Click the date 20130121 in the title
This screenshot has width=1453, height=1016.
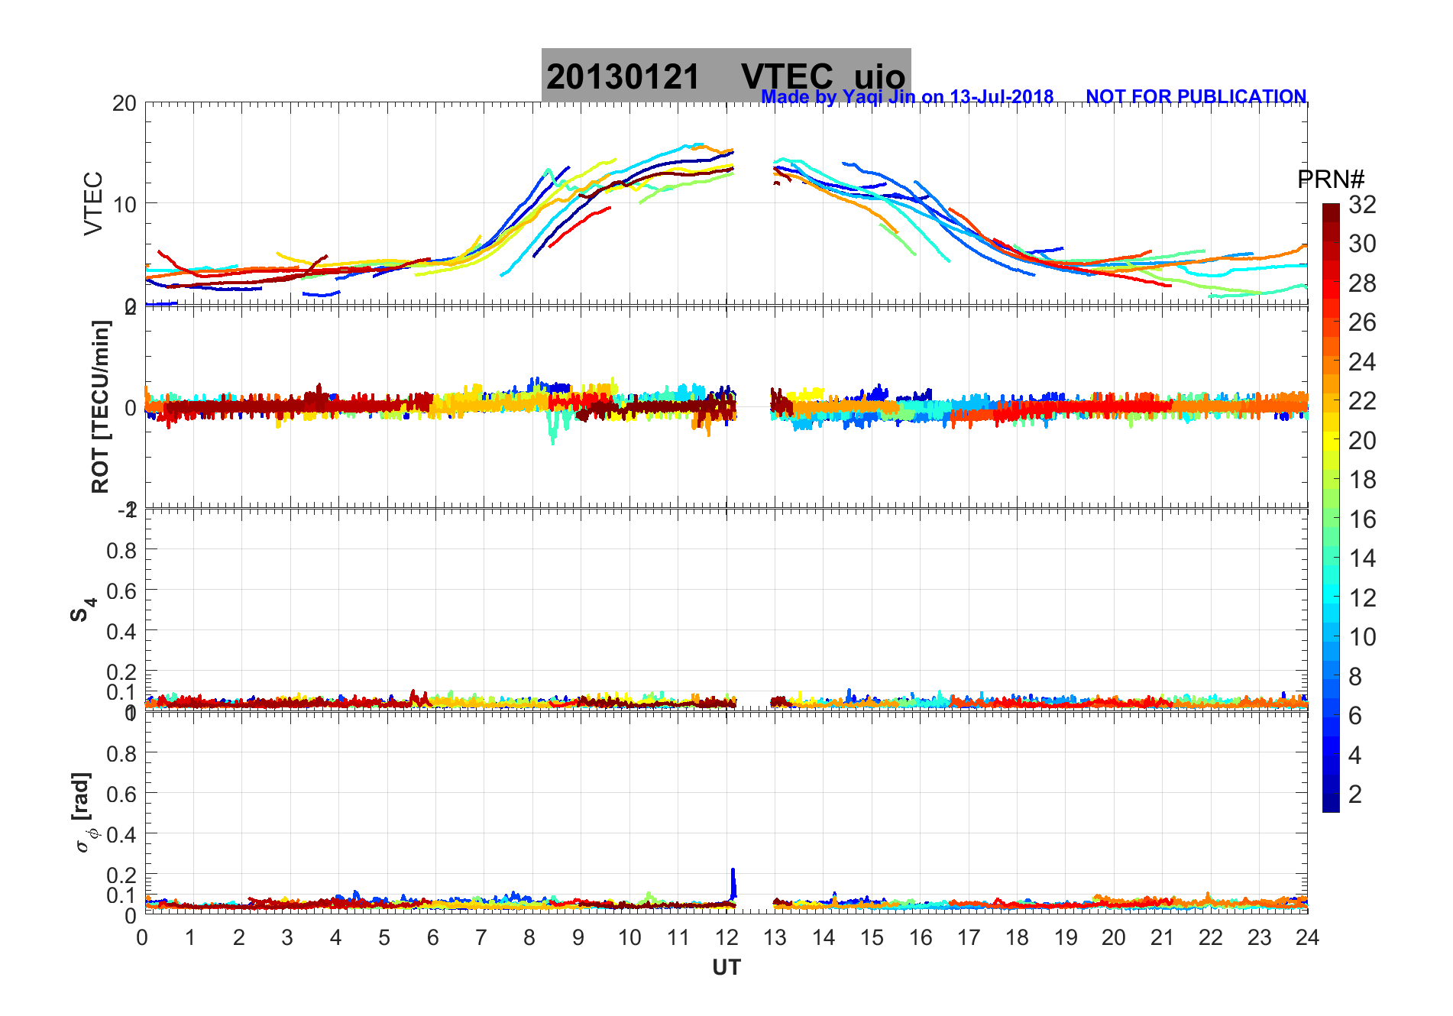pos(623,77)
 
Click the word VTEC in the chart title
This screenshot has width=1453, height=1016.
pos(787,77)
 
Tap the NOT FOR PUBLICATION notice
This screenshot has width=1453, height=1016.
pos(1196,97)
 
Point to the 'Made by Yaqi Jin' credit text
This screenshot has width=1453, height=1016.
pos(907,97)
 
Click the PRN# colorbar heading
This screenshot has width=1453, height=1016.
pos(1331,180)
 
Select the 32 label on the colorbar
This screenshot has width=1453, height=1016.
pos(1362,205)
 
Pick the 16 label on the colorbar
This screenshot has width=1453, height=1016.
pos(1362,519)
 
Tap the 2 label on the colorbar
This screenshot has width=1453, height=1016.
pos(1355,794)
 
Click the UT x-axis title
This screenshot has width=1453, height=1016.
pos(726,968)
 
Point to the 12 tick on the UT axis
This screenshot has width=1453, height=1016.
pos(726,937)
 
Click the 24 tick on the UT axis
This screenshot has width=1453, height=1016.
pos(1307,937)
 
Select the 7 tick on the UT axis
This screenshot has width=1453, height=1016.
pos(481,937)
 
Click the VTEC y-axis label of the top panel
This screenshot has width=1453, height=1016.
pos(93,203)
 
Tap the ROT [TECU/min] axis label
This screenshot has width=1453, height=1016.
pos(100,406)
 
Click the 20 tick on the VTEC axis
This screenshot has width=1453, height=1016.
pos(125,103)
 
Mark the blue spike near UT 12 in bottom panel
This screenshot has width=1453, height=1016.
pos(733,882)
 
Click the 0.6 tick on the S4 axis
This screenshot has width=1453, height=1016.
pos(122,591)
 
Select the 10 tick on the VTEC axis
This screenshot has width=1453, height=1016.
pos(125,204)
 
